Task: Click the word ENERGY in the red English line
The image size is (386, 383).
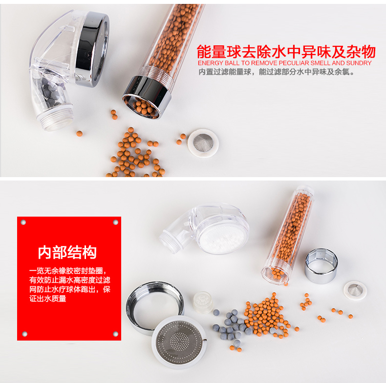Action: [x=211, y=63]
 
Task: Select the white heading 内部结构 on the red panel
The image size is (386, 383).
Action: [x=67, y=252]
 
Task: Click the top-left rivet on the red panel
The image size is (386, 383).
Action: [x=23, y=222]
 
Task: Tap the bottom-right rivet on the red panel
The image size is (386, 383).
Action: [x=115, y=334]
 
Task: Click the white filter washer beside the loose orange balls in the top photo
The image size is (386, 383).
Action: [x=203, y=143]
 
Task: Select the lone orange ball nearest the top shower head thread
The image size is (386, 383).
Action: [x=79, y=134]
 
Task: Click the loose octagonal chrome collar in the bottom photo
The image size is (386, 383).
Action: [x=321, y=265]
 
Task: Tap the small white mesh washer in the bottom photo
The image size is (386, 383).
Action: [x=355, y=291]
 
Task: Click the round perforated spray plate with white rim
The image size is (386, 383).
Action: [x=179, y=342]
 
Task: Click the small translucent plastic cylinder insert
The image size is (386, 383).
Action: [x=203, y=302]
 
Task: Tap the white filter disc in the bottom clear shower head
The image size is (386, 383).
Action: [x=223, y=236]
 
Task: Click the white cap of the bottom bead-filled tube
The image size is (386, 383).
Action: [x=305, y=189]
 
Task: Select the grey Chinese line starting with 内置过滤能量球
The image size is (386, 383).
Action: [x=277, y=72]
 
